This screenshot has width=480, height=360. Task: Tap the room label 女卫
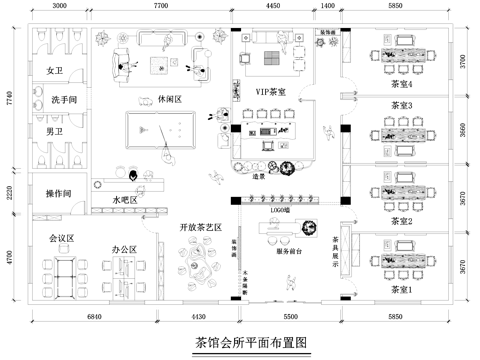(55, 72)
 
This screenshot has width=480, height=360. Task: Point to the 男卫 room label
(55, 132)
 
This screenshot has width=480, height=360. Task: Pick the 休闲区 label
(170, 101)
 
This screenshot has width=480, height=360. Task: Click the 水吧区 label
(125, 200)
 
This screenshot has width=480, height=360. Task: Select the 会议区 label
(63, 238)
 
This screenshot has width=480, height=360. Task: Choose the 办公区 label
(124, 248)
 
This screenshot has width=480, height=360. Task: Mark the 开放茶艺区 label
(200, 227)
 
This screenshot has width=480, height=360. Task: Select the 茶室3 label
(402, 105)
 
